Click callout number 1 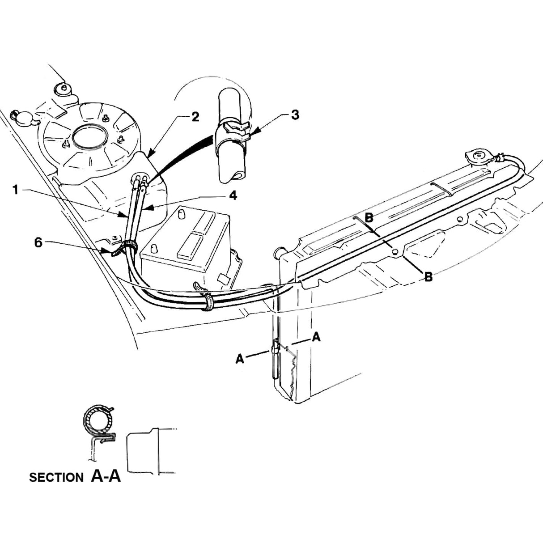[15, 190]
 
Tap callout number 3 [294, 115]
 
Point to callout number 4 [233, 195]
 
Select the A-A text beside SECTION [106, 476]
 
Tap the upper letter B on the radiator [369, 218]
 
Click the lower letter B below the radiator [428, 277]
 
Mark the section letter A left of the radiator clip [240, 359]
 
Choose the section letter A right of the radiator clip [316, 337]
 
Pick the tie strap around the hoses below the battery [208, 302]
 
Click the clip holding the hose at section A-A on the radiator [275, 348]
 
